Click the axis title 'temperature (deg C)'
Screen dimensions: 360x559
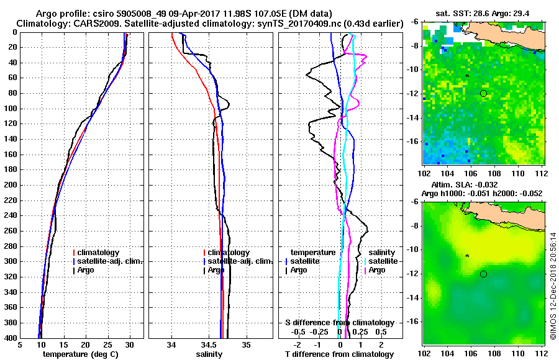click(x=80, y=354)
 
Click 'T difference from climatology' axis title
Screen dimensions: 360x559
click(x=339, y=354)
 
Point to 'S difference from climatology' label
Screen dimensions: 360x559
click(x=339, y=323)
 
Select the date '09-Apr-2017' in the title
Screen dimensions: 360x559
click(x=178, y=14)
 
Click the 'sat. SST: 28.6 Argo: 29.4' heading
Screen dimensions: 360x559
click(x=484, y=14)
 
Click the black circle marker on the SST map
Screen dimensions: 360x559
click(x=483, y=93)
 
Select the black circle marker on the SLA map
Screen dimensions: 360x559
click(x=483, y=274)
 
